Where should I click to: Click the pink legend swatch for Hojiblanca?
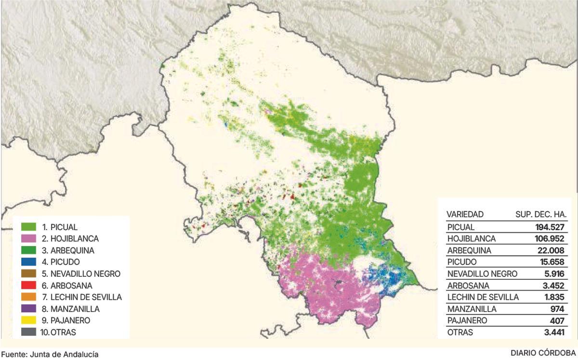28,238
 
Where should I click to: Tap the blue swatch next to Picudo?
28,262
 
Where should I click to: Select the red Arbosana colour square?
28,285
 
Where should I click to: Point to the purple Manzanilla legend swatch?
28,309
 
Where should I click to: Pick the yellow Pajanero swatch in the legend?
28,320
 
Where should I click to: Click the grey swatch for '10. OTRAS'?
28,332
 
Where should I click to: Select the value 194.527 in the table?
549,227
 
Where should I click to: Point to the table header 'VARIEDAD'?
465,214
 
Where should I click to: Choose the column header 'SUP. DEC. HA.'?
541,214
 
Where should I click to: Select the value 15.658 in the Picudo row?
551,262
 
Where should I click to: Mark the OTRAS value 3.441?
552,332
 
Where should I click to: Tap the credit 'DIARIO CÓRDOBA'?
543,353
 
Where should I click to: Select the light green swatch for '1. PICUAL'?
28,226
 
